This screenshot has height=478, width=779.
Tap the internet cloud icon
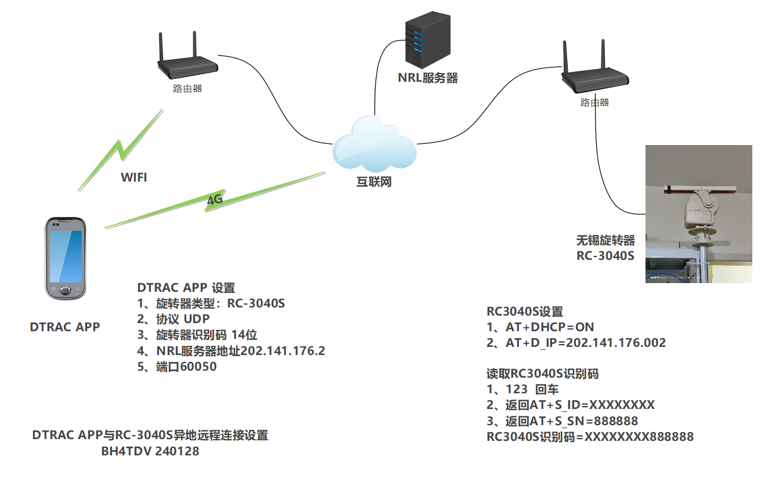374,144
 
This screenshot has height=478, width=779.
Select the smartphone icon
66,258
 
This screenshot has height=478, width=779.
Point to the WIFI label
134,178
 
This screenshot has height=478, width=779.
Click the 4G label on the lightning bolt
215,200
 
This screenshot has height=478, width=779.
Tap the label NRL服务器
428,78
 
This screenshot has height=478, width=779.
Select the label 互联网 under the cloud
374,182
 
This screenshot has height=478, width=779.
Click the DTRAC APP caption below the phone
64,327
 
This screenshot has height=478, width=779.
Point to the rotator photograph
699,214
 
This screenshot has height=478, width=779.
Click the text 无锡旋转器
605,240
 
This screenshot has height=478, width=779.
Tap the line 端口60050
177,367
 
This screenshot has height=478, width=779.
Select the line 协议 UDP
174,319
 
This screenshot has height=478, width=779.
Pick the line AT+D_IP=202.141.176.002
576,343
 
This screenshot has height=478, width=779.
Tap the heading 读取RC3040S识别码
542,374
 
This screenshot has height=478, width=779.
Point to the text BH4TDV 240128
150,451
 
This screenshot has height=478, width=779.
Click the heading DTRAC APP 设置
186,288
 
